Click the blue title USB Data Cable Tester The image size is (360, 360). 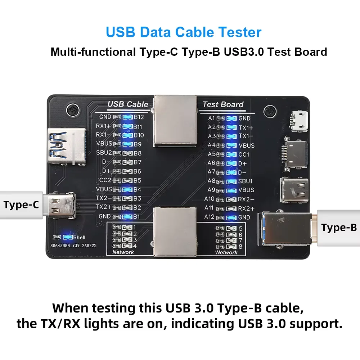(184, 32)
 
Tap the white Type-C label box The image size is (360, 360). (21, 205)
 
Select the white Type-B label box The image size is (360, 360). (339, 228)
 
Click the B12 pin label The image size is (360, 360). (139, 117)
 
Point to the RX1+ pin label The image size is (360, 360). (103, 126)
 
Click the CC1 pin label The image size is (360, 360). (244, 154)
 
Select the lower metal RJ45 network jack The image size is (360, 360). (175, 232)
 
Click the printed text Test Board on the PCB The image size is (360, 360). (223, 104)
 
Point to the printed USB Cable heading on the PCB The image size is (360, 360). (128, 104)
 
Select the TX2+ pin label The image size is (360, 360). (103, 207)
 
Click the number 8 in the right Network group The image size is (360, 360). (240, 247)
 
